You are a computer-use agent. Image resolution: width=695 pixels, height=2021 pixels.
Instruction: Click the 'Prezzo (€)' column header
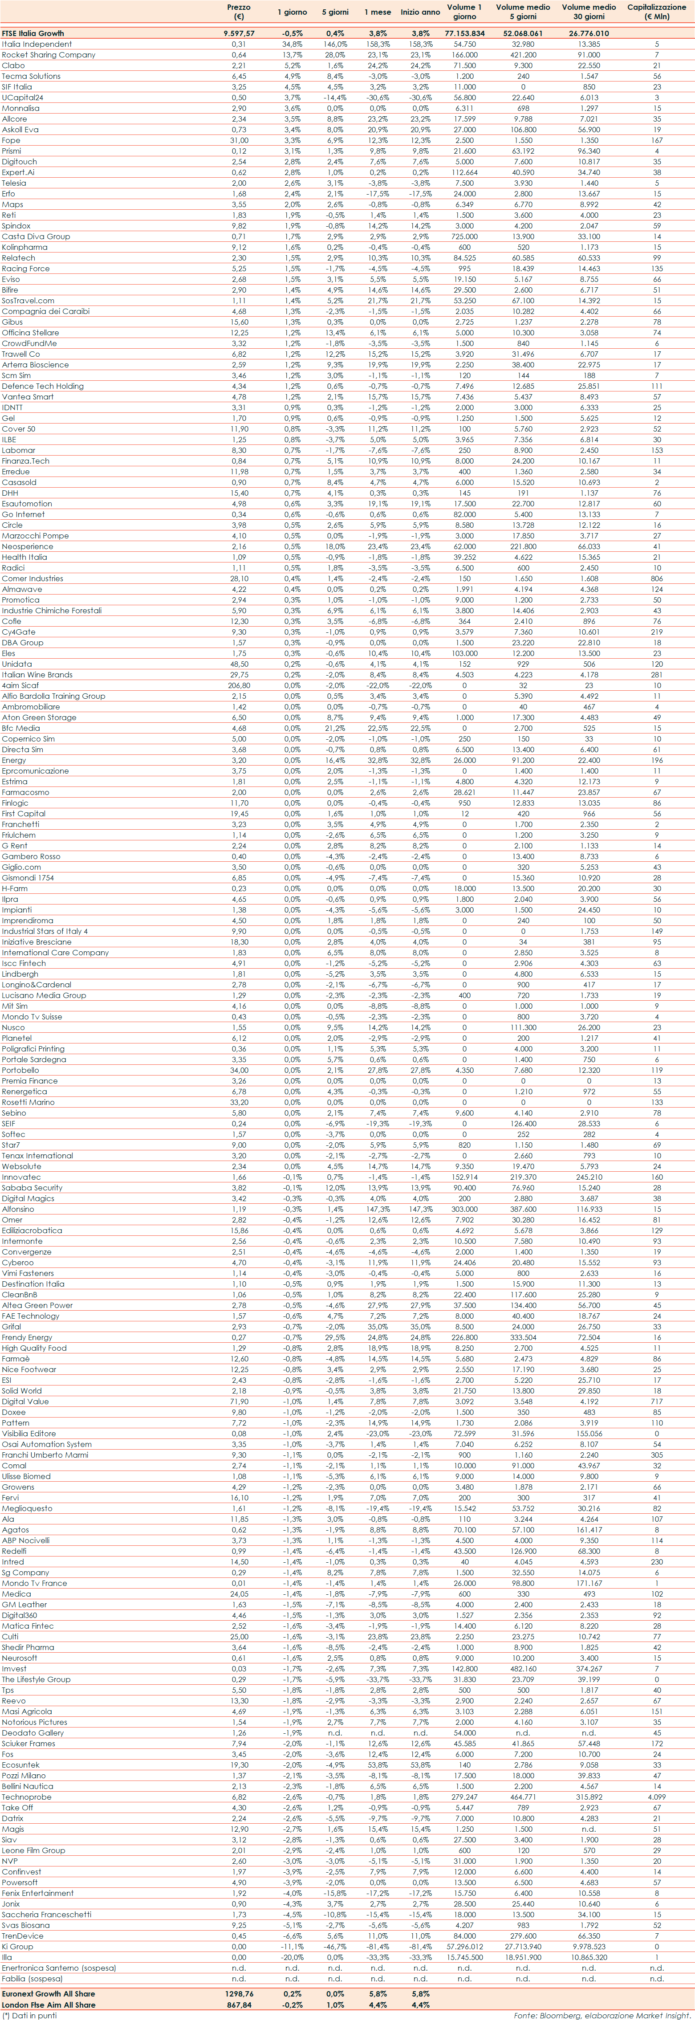click(x=239, y=11)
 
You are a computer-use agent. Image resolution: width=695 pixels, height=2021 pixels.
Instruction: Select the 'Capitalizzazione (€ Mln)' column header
click(x=657, y=11)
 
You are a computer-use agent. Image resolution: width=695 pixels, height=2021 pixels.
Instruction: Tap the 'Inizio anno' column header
click(x=420, y=12)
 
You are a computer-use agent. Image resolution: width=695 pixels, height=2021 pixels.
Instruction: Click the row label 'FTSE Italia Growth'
click(x=33, y=34)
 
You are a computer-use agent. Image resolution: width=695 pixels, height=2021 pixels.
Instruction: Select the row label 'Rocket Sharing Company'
click(x=49, y=55)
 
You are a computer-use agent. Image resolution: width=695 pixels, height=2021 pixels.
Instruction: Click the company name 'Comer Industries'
click(x=32, y=578)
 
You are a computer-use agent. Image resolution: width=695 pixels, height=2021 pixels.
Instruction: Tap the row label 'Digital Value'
click(x=25, y=1401)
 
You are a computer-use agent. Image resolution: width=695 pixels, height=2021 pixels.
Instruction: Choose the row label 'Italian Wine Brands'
click(x=37, y=675)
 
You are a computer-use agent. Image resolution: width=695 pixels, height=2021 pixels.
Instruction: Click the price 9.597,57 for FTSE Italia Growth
click(x=239, y=34)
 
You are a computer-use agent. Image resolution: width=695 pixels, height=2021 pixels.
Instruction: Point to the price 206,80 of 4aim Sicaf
click(x=239, y=685)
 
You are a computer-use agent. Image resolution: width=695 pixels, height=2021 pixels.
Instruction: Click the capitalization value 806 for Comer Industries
click(x=657, y=578)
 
